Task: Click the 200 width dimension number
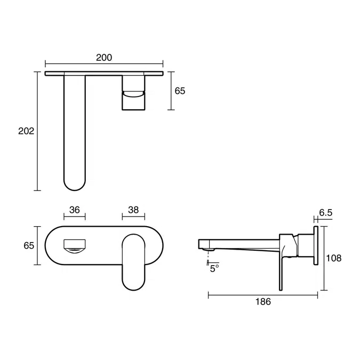104,58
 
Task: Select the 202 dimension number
26,131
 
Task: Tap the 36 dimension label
74,210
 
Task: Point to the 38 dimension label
133,210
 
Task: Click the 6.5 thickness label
326,213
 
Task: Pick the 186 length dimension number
263,302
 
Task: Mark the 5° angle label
214,269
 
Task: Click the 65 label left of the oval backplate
29,245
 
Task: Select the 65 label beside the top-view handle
180,91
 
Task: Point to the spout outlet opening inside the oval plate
74,246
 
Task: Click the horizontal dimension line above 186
263,293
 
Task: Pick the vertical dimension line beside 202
38,131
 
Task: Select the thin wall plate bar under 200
104,73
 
